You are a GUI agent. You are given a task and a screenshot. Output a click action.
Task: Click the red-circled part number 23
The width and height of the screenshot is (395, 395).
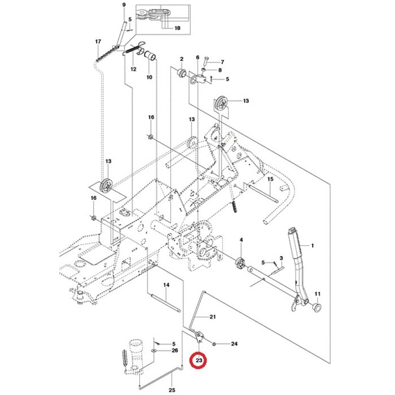click(x=199, y=359)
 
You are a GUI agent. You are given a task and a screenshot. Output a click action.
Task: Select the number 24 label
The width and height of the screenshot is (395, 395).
click(x=234, y=344)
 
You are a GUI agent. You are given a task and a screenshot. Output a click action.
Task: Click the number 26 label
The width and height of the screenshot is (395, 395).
click(x=174, y=350)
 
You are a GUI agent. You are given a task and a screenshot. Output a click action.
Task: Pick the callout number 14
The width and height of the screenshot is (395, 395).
click(x=166, y=285)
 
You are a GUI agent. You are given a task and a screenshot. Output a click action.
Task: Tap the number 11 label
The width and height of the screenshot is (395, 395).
click(x=317, y=293)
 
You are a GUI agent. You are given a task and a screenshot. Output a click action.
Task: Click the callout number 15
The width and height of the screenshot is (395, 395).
click(x=270, y=179)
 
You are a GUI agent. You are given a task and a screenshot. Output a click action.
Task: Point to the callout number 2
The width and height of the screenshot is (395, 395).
click(x=182, y=59)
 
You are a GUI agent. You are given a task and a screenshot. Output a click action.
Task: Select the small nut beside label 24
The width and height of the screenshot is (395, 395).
click(x=216, y=343)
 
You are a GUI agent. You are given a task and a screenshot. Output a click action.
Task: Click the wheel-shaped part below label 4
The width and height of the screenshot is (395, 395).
click(x=240, y=262)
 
